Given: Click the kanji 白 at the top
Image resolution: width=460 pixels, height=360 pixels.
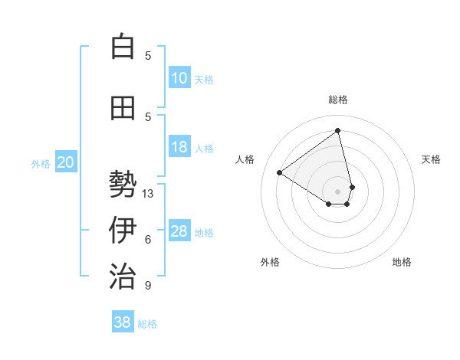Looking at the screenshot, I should click(x=122, y=47).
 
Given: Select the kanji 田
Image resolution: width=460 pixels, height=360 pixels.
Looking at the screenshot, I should click(x=122, y=109).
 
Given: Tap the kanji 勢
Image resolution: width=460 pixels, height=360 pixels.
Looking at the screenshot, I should click(x=122, y=185).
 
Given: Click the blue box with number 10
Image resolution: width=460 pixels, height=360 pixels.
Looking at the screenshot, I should click(x=179, y=78).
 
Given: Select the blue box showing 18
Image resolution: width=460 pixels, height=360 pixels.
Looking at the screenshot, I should click(x=179, y=147).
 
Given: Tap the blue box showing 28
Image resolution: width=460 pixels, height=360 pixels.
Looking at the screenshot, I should click(x=179, y=231).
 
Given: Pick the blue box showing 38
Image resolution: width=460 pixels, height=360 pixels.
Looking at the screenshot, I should click(x=123, y=322).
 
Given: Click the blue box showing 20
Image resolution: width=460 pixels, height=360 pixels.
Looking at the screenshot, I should click(x=66, y=162).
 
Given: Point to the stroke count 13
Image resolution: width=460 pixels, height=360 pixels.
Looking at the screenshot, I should click(x=148, y=194).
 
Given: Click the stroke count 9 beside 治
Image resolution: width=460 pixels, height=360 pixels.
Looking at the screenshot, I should click(x=148, y=286).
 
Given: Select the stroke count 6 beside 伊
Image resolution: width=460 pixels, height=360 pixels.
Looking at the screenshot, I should click(x=148, y=240).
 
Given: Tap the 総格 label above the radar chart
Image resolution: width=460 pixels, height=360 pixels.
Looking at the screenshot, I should click(x=338, y=100).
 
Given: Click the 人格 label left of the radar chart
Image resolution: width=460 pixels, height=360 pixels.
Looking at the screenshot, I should click(x=245, y=159).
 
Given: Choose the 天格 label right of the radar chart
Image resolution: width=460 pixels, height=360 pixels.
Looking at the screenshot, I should click(x=431, y=159).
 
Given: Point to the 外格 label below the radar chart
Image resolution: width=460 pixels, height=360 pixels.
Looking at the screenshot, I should click(x=270, y=262).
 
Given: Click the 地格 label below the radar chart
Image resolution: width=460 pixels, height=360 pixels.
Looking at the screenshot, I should click(x=402, y=262).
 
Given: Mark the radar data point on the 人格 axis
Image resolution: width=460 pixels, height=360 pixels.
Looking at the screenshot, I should click(x=280, y=172).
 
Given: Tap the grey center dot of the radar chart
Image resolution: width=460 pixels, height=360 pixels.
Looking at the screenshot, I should click(x=338, y=191).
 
